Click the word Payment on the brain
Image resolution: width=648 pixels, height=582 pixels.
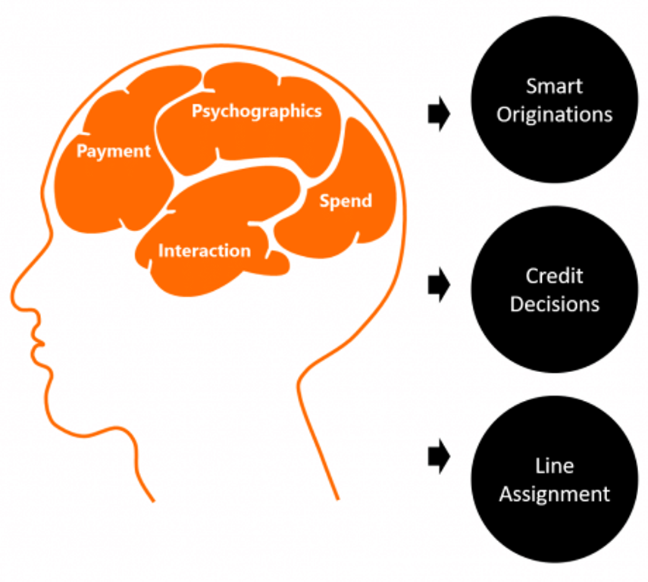coord(114,152)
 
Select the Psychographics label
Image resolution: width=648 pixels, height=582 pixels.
coord(256,111)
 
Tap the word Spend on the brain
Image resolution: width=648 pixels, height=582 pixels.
coord(346,201)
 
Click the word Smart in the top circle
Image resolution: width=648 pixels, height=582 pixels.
coord(554,86)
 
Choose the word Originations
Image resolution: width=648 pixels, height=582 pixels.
coord(555,114)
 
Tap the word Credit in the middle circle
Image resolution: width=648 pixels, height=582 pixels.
coord(554,275)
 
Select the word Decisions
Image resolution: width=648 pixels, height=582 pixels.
coord(554,304)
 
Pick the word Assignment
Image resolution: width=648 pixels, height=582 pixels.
coord(554,493)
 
